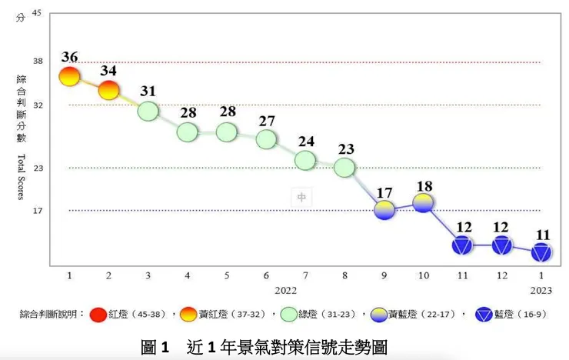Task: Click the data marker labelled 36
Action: [x=69, y=75]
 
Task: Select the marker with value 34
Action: [x=109, y=90]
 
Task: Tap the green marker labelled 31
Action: [x=148, y=111]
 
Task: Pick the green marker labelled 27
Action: [x=266, y=139]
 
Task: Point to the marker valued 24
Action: [x=305, y=160]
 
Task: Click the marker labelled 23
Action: [x=344, y=167]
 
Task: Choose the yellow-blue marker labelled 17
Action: [x=384, y=209]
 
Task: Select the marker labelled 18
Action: [x=424, y=202]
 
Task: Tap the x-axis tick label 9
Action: [x=384, y=275]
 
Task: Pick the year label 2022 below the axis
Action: [x=286, y=290]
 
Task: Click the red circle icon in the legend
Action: [x=98, y=315]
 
